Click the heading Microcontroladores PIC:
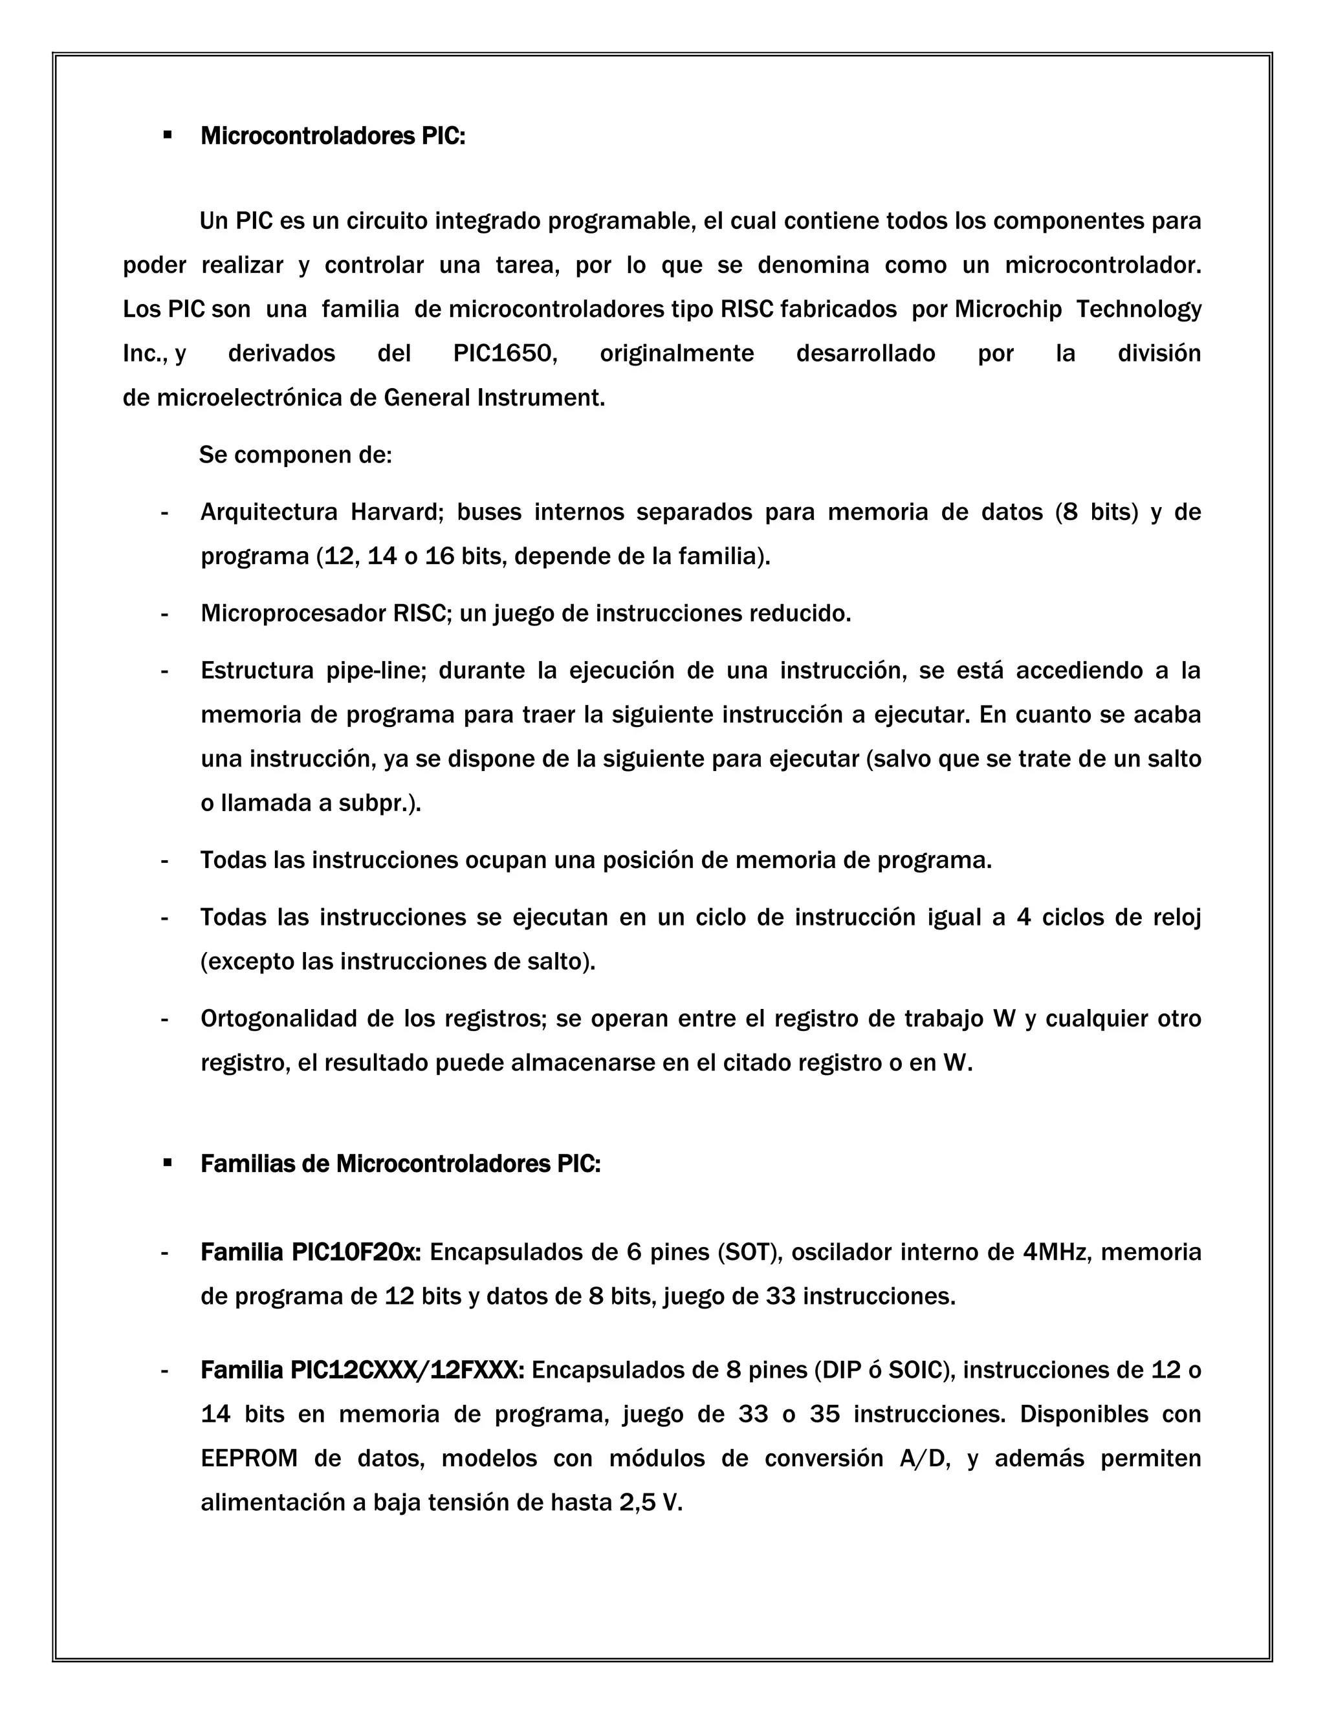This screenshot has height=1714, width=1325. click(x=333, y=136)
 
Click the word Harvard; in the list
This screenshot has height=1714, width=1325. click(x=397, y=512)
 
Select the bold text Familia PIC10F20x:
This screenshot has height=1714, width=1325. click(x=311, y=1252)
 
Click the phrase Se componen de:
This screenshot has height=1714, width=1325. click(x=295, y=455)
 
